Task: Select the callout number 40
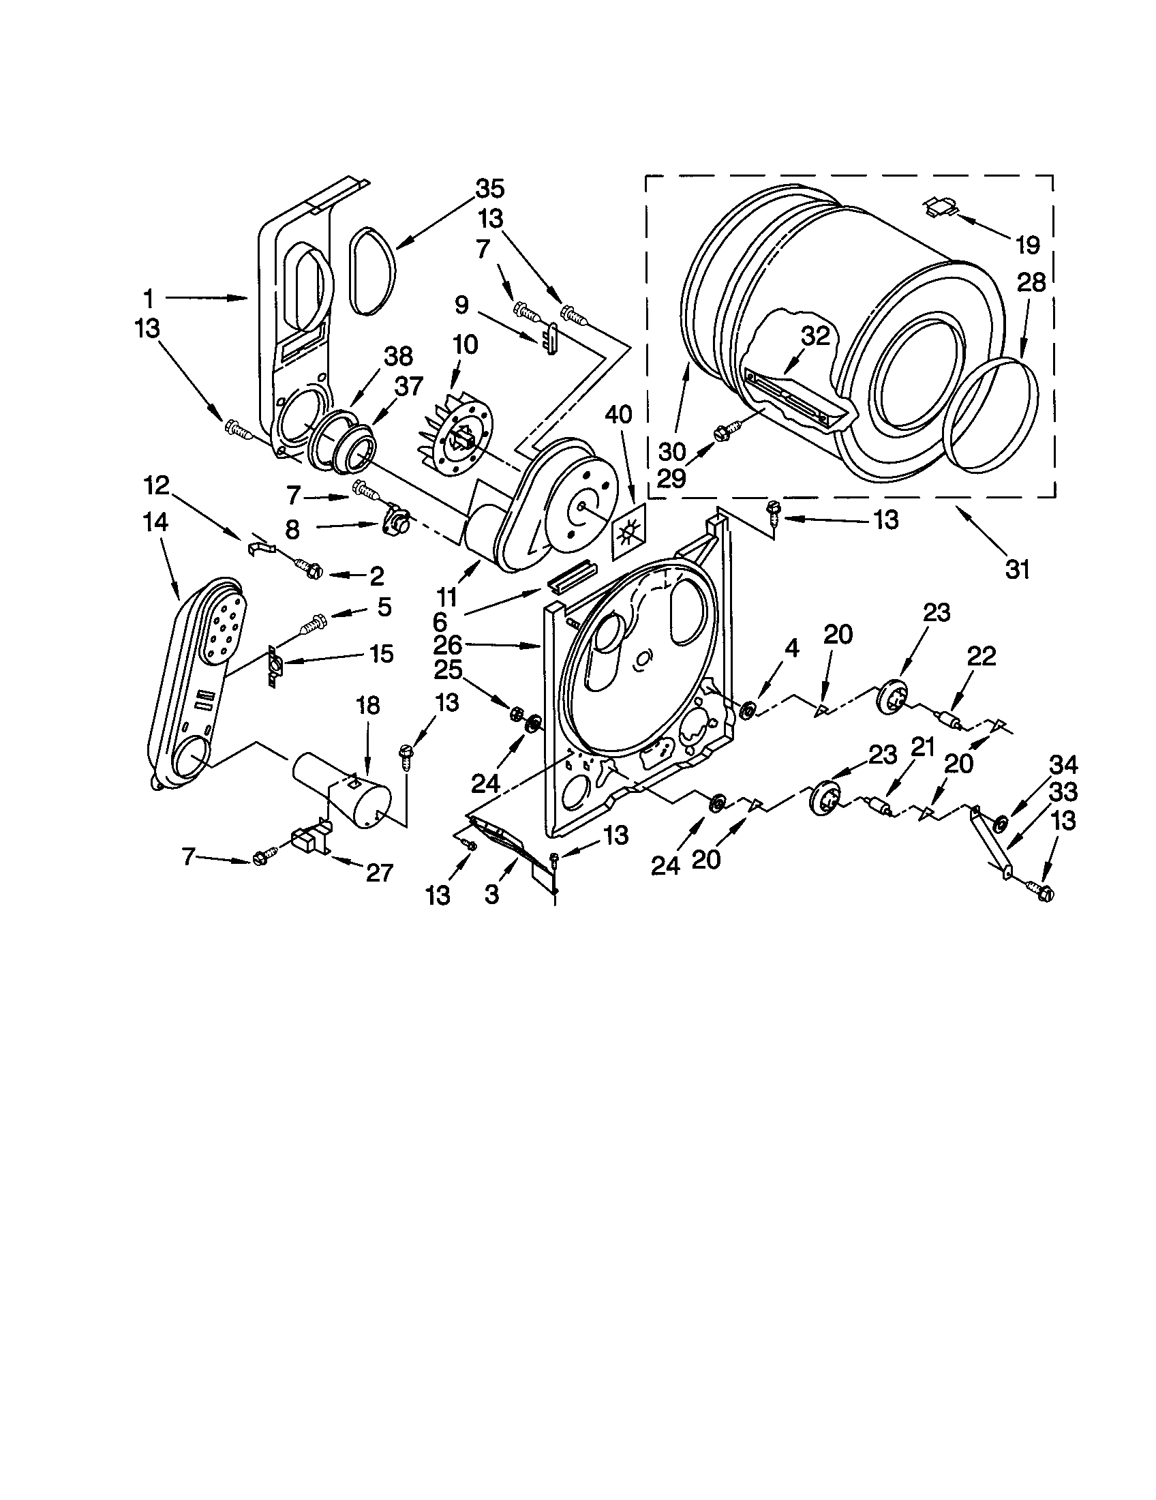(618, 414)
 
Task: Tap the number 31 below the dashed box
(1017, 569)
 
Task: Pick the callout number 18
(368, 706)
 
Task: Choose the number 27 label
(378, 872)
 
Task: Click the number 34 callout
(1063, 764)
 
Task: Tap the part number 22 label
(981, 657)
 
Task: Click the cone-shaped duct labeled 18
(344, 789)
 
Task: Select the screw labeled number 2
(307, 567)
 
